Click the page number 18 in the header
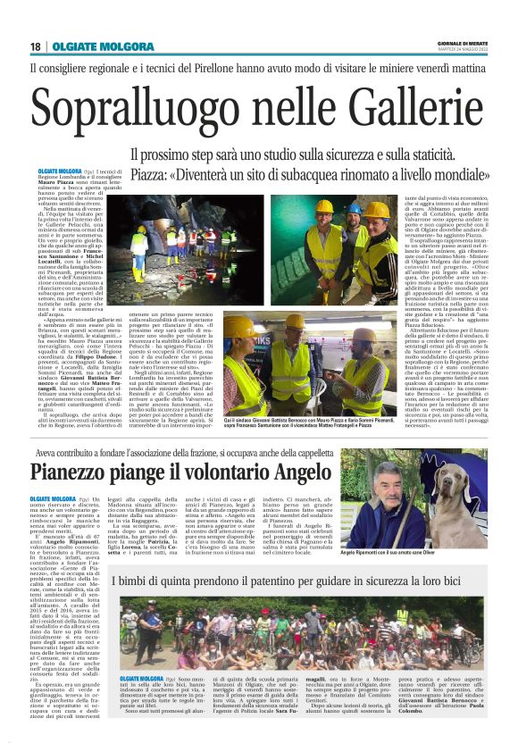(36, 46)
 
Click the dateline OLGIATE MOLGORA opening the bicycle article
(144, 680)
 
